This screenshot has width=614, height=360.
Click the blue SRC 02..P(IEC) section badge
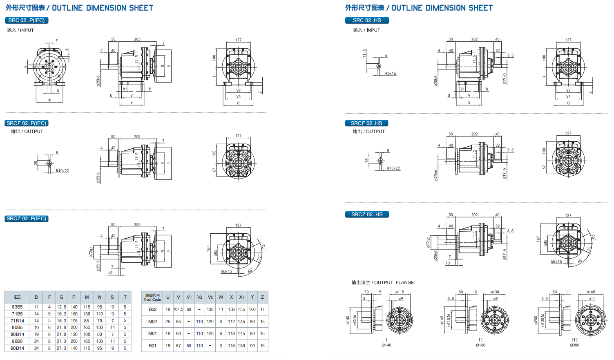[27, 20]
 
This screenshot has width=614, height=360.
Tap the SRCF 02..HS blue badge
[366, 123]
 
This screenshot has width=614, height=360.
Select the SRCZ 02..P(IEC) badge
[27, 219]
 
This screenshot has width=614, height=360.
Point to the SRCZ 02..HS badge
[367, 214]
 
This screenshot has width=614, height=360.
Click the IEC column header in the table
[17, 297]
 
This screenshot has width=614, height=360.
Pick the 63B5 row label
[17, 307]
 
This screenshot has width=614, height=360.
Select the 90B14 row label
[17, 348]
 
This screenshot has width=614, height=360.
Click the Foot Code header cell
[152, 297]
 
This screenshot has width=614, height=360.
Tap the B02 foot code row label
[152, 309]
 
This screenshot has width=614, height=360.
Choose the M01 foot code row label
[152, 333]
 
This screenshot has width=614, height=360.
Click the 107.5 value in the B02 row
[178, 309]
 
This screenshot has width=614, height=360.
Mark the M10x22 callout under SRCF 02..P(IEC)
[63, 171]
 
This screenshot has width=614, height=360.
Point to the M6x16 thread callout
[391, 74]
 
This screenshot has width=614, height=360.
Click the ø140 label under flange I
[386, 345]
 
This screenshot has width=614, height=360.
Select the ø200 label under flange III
[574, 345]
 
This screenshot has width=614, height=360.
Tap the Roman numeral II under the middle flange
[480, 340]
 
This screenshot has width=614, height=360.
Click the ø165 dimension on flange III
[590, 292]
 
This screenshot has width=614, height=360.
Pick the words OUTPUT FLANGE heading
[394, 282]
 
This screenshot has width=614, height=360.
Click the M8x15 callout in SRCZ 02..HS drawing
[556, 262]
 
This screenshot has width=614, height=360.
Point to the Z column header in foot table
[262, 297]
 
